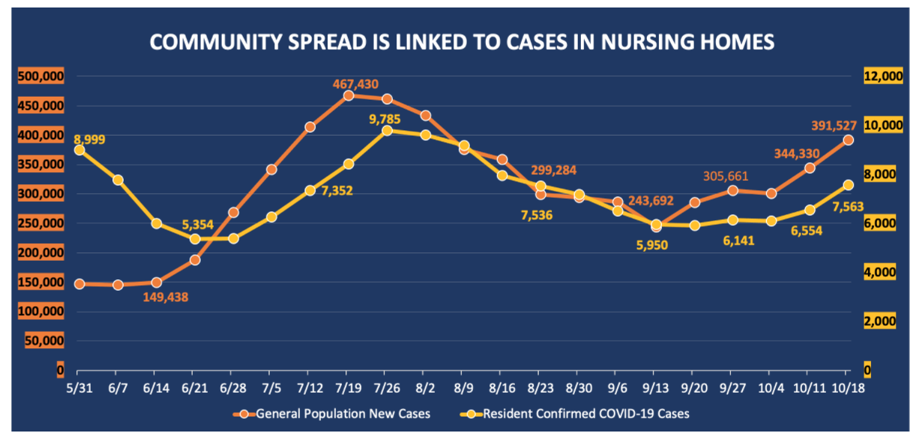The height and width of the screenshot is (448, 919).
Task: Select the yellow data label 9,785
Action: click(384, 118)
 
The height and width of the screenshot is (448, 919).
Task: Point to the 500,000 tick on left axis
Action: click(43, 76)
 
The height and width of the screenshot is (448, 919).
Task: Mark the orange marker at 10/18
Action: click(848, 140)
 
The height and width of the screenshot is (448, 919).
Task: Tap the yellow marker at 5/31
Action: click(79, 150)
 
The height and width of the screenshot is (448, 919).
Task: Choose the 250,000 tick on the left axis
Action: click(43, 223)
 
